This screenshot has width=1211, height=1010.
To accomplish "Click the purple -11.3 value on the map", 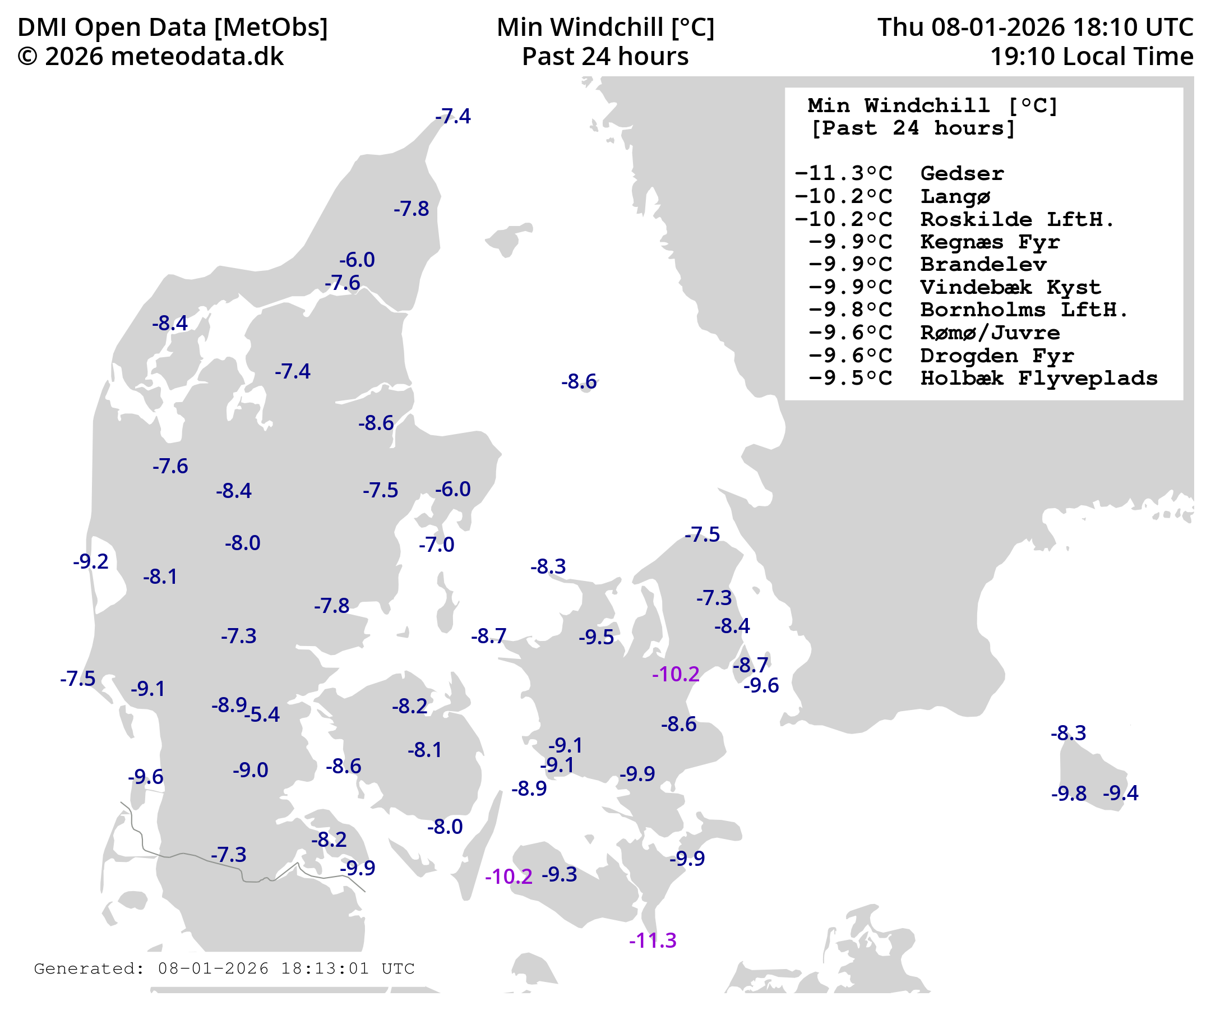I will [x=652, y=941].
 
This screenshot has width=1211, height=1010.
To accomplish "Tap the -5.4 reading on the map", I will [x=263, y=714].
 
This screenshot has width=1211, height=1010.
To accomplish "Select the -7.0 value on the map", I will [x=437, y=545].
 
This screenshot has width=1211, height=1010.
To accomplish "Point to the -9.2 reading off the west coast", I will [x=90, y=561].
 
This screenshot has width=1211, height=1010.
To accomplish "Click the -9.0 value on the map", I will [x=250, y=770].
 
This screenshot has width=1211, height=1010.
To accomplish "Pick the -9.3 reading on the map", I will [x=560, y=874].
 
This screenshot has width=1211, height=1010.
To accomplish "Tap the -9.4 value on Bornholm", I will [x=1121, y=793].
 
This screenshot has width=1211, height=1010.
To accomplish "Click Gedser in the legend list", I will [x=962, y=173].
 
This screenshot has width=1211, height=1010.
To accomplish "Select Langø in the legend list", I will [x=955, y=196].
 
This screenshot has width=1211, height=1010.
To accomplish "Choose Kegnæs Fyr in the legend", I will [x=990, y=242].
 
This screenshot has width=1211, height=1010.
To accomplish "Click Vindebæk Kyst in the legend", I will [x=1010, y=287].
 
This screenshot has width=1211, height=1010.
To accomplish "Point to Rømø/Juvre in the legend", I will [x=990, y=332].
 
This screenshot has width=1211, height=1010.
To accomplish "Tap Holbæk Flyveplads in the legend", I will [x=1038, y=378].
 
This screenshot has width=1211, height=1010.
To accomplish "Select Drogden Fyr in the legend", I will [x=996, y=356].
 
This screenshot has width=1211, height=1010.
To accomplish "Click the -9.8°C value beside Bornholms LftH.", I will [x=850, y=310].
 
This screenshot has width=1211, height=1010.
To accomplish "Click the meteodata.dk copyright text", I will [x=150, y=57].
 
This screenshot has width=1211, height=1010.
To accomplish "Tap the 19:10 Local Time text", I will [x=1091, y=57].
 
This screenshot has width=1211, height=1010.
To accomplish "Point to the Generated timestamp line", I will [x=224, y=969].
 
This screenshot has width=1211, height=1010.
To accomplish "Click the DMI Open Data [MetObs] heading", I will [x=173, y=27].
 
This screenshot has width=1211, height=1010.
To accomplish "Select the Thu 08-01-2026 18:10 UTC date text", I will [x=1035, y=27].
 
